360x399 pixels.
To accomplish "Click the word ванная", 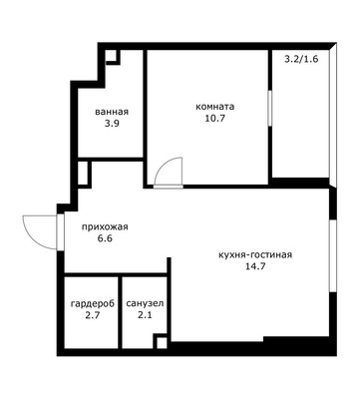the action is pos(112,112).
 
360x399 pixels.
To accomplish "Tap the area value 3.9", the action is pos(112,124).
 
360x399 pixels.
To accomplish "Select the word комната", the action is pos(215,107).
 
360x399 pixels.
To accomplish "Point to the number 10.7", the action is pos(215,118).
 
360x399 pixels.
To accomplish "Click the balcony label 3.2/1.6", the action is pos(302,59).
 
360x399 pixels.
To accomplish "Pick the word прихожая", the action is pos(105,227).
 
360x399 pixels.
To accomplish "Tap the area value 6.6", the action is pos(105,238).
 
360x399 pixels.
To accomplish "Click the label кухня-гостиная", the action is pos(255,255).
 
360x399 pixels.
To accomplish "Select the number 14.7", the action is pos(255,266).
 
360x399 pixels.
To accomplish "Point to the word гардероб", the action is pos(93,303).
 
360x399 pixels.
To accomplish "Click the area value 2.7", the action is pos(93,315).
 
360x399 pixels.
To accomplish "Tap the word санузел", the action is pos(145,303).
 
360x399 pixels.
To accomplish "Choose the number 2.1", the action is pos(145,315).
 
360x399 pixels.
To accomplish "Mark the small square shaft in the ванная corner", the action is pos(112,56).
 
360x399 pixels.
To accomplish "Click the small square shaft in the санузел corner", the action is pos(162,342).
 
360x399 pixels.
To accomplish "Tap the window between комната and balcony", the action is pos(270,108).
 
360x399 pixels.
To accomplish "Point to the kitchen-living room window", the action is pos(332,256).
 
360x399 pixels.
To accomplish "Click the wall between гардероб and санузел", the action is pos(120,312).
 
